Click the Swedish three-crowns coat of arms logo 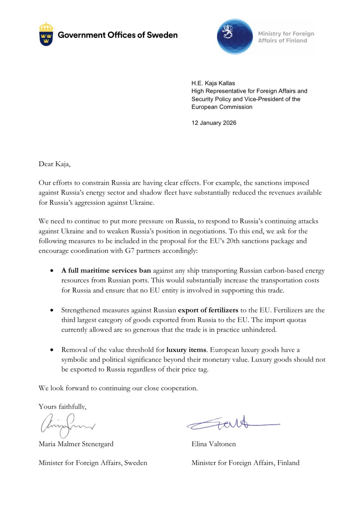coord(46,34)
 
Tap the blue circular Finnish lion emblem coord(235,36)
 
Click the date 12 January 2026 coord(214,123)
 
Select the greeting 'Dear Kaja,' coord(54,164)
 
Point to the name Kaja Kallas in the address coord(220,83)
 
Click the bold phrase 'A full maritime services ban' coord(106,271)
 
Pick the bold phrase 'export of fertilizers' coord(208,310)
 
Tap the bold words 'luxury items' coord(186,350)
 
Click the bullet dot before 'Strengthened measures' coord(52,310)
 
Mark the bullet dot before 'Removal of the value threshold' coord(52,350)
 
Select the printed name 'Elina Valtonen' coord(213,444)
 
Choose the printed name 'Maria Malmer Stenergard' coord(76,444)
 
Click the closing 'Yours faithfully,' coord(62,407)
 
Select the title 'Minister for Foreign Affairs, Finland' coord(245,463)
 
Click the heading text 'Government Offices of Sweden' coord(118,35)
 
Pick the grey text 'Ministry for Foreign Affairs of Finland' coord(286,37)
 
